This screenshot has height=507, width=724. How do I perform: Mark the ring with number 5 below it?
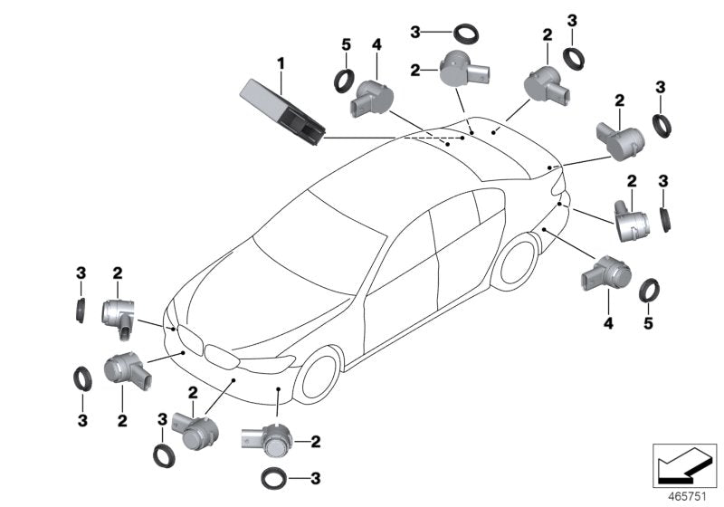[649, 291]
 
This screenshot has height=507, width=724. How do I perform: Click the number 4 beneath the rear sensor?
[608, 322]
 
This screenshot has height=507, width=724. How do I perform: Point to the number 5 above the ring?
[345, 43]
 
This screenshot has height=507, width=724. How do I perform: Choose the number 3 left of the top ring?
[415, 33]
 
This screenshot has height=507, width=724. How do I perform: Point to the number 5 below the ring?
[649, 322]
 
